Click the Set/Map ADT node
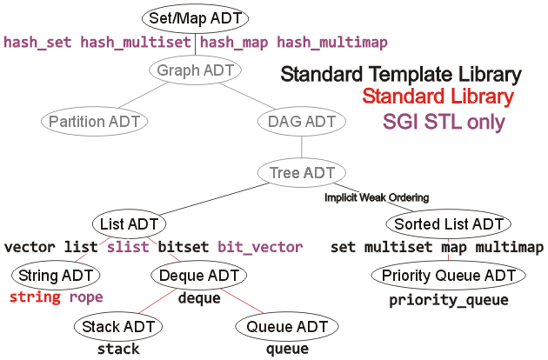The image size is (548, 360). [x=194, y=17]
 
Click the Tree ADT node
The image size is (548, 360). [x=301, y=172]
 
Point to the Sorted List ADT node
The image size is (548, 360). [x=448, y=224]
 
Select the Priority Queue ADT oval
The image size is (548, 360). [x=448, y=277]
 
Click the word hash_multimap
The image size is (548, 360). [x=332, y=42]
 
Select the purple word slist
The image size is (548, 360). [x=128, y=247]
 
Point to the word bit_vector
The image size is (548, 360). [x=260, y=247]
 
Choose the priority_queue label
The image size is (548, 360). [x=448, y=300]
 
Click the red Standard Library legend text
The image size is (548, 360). [x=438, y=97]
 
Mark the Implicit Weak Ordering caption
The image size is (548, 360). [x=376, y=197]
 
